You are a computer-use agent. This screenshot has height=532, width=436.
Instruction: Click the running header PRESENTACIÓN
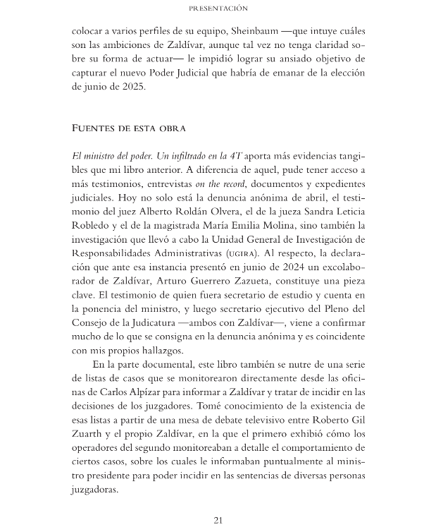pyautogui.click(x=218, y=8)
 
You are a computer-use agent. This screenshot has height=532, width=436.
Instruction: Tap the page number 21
pyautogui.click(x=218, y=520)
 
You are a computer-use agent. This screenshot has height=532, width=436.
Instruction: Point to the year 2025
pyautogui.click(x=130, y=87)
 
